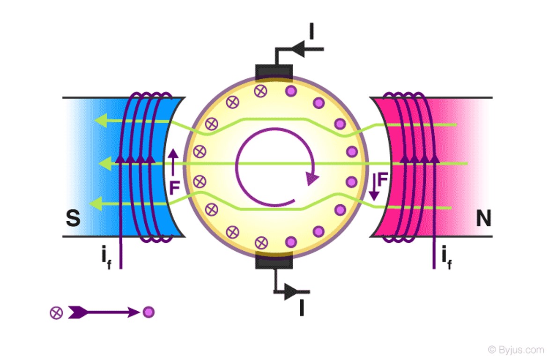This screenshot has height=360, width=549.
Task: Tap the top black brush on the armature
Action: click(x=274, y=72)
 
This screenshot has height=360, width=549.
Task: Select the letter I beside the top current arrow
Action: click(x=312, y=31)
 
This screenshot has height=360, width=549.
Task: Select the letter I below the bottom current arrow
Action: click(x=302, y=308)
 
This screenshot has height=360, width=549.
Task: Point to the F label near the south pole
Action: click(x=174, y=188)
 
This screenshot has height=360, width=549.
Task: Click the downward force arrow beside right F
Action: click(x=374, y=187)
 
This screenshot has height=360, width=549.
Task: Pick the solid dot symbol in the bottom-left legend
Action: click(x=148, y=312)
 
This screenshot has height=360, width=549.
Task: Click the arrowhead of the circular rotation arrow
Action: click(x=312, y=178)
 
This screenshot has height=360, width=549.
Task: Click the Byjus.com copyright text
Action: click(x=515, y=350)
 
